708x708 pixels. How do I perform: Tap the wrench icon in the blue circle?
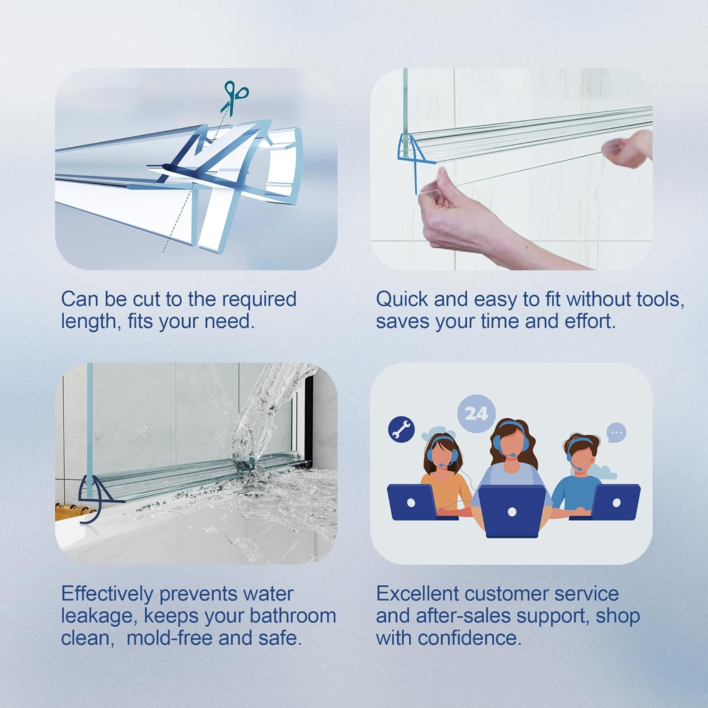[401, 429]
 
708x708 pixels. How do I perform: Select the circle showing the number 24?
[476, 413]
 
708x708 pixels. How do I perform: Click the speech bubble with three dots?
[616, 432]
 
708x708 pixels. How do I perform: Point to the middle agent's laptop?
[512, 511]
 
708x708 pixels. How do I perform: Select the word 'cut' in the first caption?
[147, 299]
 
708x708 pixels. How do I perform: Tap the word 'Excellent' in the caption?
[417, 594]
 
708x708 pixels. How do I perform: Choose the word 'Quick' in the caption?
[402, 299]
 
